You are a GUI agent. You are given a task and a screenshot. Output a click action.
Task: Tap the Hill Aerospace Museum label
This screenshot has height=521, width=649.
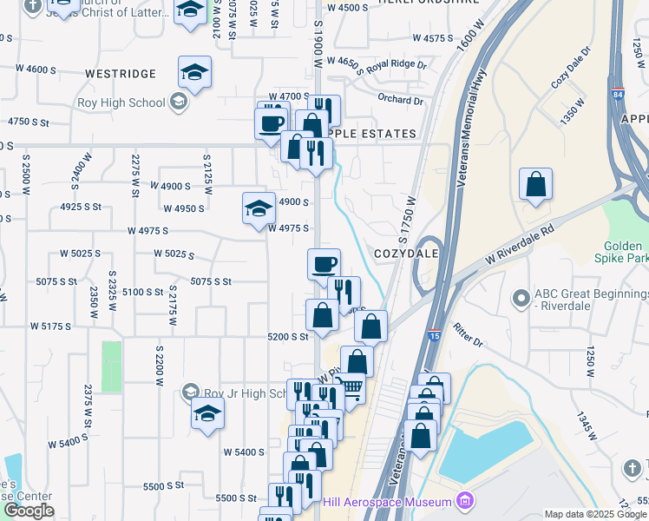click(x=387, y=502)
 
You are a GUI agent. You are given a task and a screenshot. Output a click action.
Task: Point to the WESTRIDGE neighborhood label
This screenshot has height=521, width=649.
click(x=121, y=74)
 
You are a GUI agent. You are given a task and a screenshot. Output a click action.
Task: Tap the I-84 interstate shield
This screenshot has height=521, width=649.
click(x=617, y=94)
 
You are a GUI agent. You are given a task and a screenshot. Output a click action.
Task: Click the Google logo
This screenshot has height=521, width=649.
click(x=29, y=511)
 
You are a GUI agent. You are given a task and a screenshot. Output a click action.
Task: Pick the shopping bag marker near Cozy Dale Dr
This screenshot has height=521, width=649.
click(x=536, y=183)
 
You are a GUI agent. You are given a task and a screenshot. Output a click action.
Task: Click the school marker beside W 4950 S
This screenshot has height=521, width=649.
click(x=259, y=208)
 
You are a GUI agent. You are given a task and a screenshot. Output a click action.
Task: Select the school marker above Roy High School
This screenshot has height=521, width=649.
click(x=195, y=72)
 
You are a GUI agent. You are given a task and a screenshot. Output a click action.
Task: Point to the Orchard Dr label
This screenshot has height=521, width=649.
click(x=400, y=100)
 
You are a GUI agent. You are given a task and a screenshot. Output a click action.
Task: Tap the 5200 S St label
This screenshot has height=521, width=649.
click(x=288, y=336)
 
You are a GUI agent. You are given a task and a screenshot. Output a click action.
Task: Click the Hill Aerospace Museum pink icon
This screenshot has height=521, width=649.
click(x=465, y=502)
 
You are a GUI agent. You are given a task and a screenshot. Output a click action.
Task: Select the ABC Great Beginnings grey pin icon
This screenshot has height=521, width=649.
click(x=521, y=298)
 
